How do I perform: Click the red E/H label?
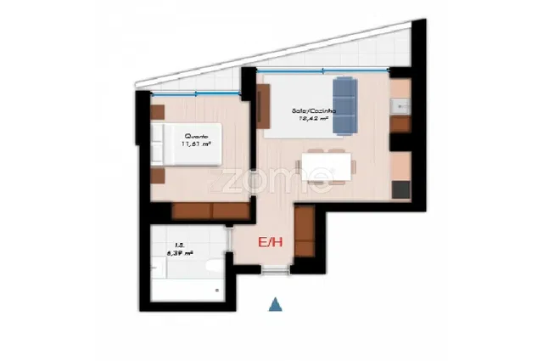(270, 243)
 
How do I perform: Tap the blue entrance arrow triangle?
(274, 303)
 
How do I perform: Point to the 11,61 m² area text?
(195, 144)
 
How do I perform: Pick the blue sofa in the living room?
(344, 106)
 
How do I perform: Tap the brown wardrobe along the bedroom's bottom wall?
(210, 211)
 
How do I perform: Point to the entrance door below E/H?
(275, 271)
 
